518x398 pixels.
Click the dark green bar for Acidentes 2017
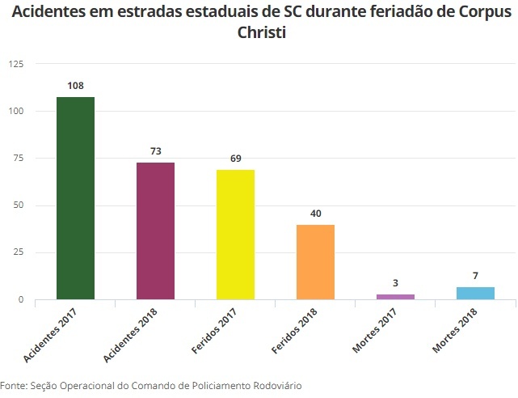(x=75, y=198)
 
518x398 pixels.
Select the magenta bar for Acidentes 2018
(x=155, y=231)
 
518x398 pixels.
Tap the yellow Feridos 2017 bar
(x=235, y=235)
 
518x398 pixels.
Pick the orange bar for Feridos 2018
(x=315, y=262)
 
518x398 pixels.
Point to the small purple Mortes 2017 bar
(x=395, y=297)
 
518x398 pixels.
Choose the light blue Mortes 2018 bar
(x=475, y=293)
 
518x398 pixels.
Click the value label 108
(x=76, y=85)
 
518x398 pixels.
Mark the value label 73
(x=156, y=151)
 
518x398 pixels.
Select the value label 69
(x=236, y=159)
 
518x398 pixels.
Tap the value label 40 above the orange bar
(x=316, y=214)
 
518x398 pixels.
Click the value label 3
(x=396, y=283)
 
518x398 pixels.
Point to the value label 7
(x=475, y=276)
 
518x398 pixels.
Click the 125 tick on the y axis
(x=15, y=64)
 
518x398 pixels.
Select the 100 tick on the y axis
(x=15, y=111)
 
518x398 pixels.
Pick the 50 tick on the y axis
(x=18, y=205)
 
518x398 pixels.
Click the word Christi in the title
(x=259, y=34)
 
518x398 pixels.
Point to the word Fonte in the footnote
(x=14, y=386)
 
